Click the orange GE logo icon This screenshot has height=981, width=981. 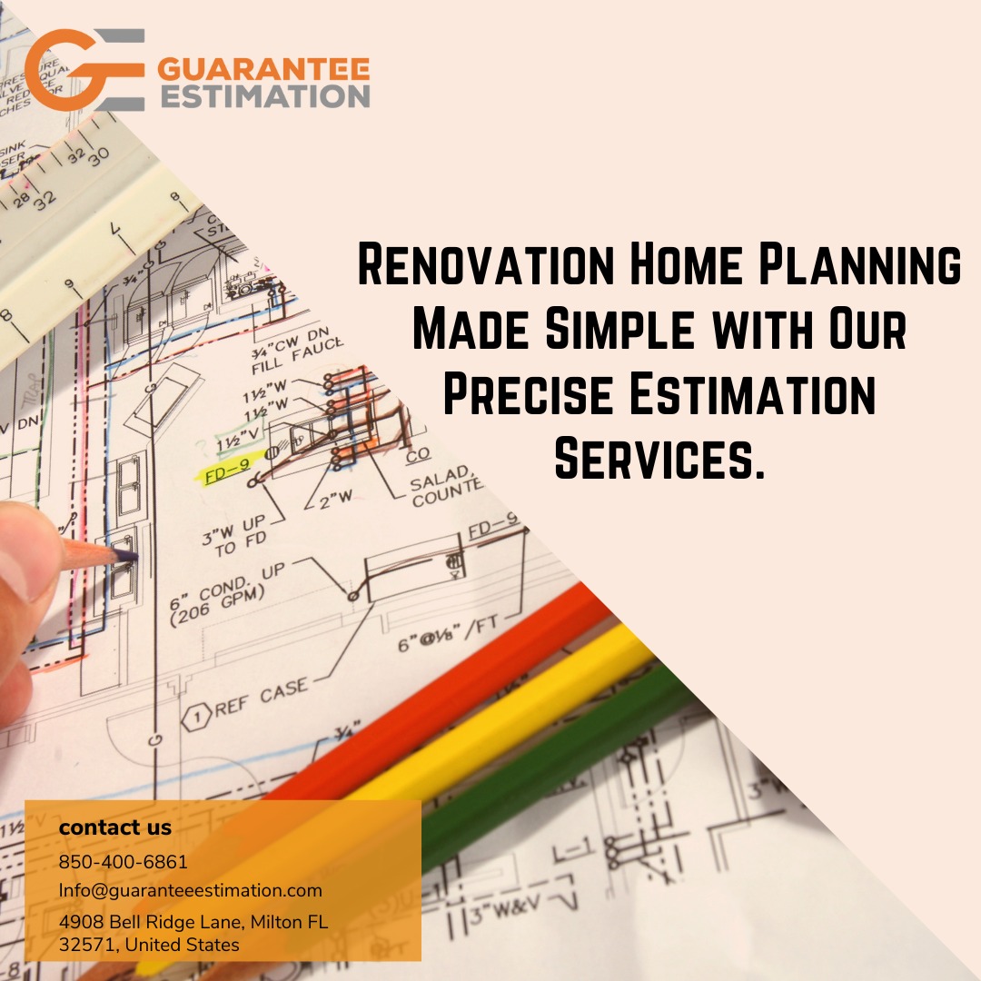[x=84, y=70]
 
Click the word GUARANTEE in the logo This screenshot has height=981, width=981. [x=264, y=70]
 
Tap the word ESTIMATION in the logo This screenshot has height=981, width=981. [x=264, y=96]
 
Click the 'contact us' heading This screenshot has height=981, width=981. [x=114, y=827]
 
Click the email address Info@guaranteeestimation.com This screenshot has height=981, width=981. [x=191, y=890]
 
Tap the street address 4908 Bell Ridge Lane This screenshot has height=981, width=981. [x=151, y=923]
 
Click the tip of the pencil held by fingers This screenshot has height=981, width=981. [x=134, y=556]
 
